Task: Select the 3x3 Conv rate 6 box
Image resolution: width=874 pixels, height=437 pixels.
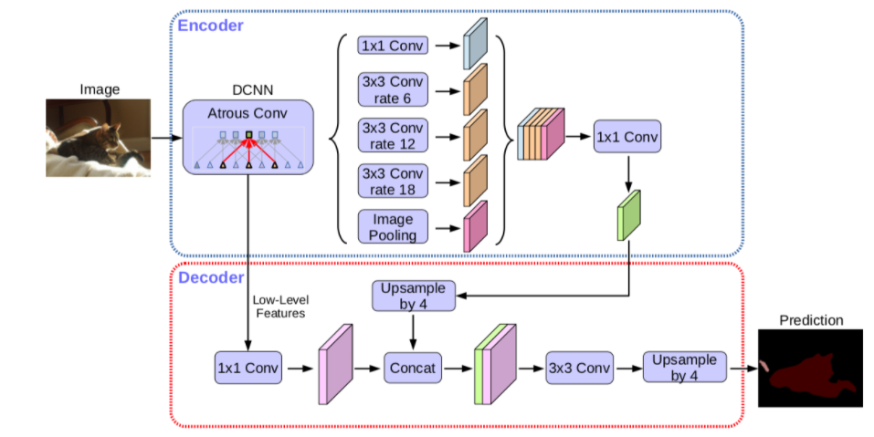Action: click(x=392, y=90)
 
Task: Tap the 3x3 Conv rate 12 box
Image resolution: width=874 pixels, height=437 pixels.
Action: click(x=392, y=137)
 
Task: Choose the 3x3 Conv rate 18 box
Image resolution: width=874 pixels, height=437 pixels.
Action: click(x=392, y=182)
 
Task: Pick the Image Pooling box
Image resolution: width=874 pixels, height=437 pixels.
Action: click(x=392, y=227)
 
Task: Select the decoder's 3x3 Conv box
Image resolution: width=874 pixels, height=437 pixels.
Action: click(x=578, y=369)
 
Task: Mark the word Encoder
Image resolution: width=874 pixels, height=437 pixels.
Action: click(x=210, y=26)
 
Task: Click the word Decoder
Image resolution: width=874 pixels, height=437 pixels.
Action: click(x=210, y=277)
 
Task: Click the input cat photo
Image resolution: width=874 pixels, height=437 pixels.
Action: click(x=96, y=137)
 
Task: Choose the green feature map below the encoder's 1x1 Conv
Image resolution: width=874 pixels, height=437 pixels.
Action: click(x=629, y=215)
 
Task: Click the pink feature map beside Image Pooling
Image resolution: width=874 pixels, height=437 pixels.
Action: click(x=476, y=226)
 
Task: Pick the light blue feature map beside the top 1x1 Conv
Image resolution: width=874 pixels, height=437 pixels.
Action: click(x=476, y=44)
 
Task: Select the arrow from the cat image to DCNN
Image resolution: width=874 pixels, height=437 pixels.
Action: click(x=165, y=139)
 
